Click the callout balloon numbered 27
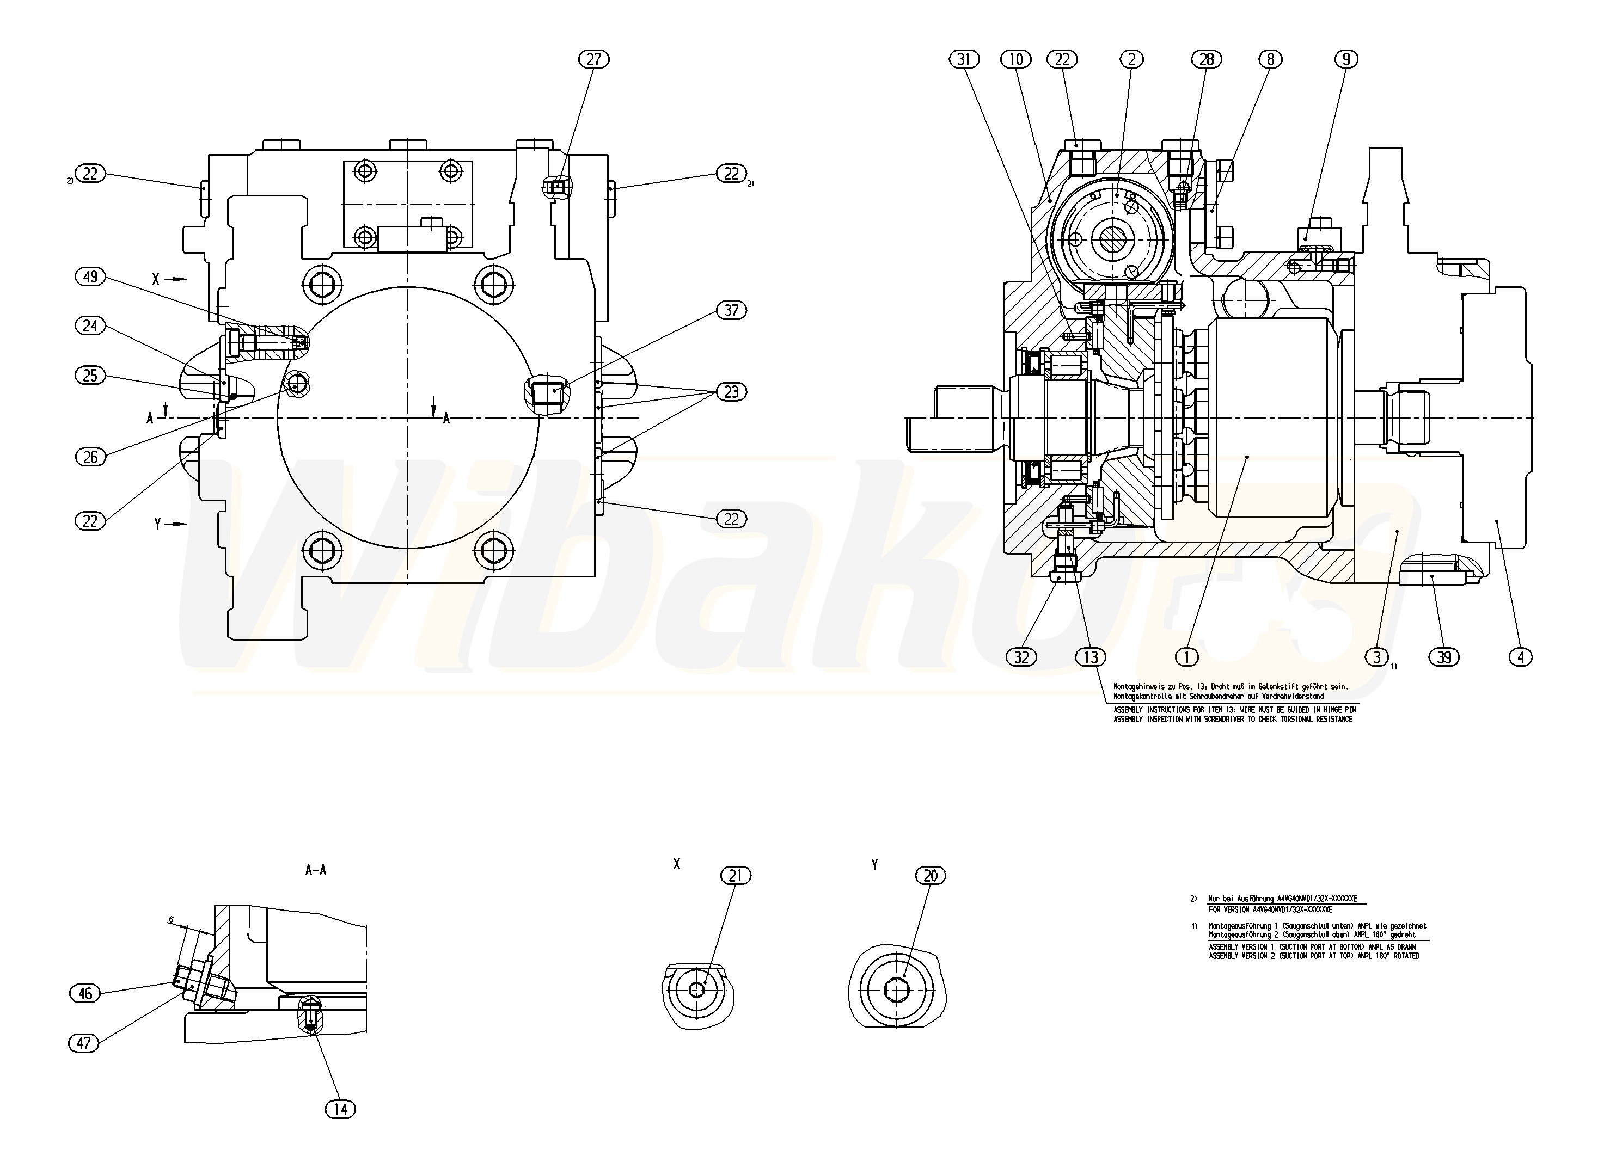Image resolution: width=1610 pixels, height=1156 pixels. click(593, 59)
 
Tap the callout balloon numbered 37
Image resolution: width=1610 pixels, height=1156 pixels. click(731, 310)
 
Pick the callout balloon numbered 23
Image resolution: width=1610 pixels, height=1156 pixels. click(731, 392)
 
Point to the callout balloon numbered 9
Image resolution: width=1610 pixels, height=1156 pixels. click(1346, 60)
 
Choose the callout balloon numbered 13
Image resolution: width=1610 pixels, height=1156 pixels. click(1091, 657)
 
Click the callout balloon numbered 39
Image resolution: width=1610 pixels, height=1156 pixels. click(1444, 657)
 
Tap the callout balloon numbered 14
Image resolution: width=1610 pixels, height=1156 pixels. click(340, 1109)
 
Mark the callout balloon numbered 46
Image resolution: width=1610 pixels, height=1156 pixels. click(85, 993)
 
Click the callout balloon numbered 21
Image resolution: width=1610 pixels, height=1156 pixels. click(736, 876)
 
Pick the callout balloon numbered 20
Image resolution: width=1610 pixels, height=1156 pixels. click(930, 876)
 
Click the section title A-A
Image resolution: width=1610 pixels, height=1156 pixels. click(316, 870)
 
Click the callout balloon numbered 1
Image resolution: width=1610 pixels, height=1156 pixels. click(1186, 657)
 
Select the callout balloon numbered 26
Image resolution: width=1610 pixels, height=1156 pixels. click(90, 457)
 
